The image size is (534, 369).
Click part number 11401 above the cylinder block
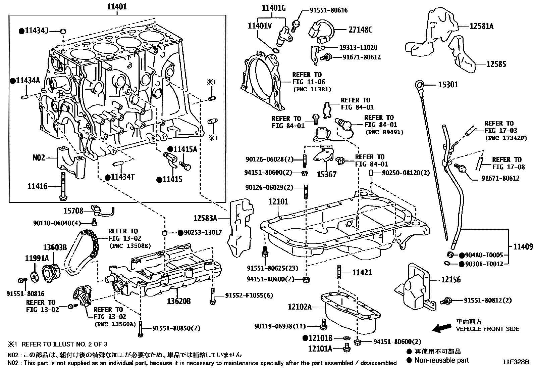point(117,6)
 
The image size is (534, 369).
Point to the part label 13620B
point(179,302)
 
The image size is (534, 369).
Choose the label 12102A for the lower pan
point(300,307)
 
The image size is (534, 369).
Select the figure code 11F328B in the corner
point(515,362)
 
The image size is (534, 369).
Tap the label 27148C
point(360,30)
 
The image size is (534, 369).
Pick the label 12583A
point(205,219)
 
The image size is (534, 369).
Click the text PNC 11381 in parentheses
point(312,89)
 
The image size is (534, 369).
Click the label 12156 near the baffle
point(451,280)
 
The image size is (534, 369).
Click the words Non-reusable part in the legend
point(441,360)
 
